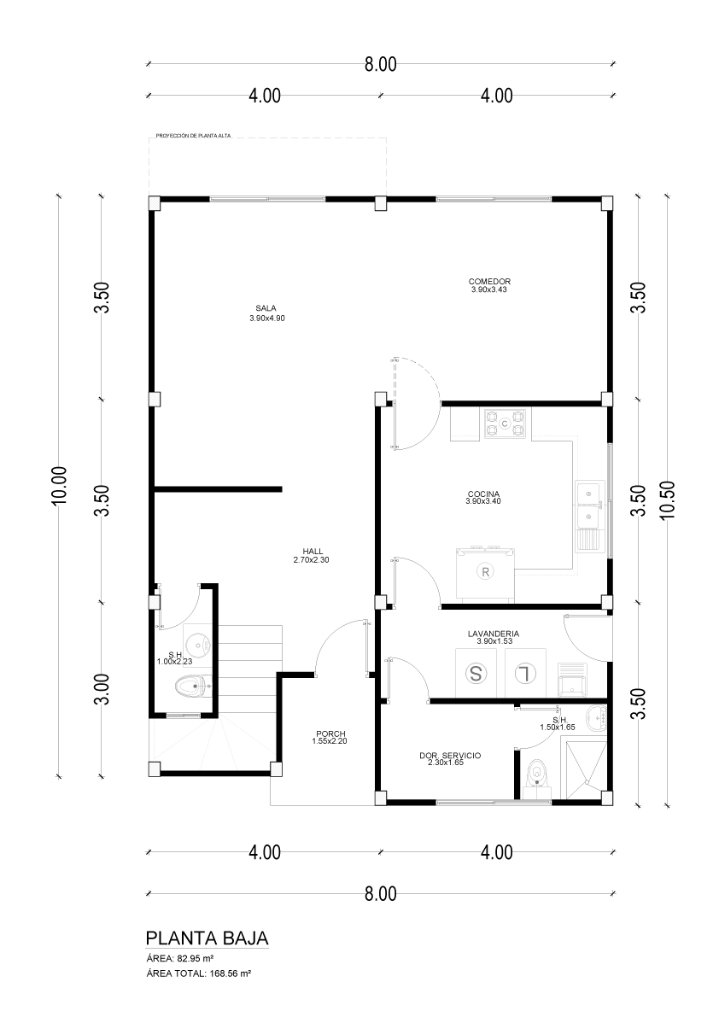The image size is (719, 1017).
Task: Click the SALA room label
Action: pyautogui.click(x=266, y=308)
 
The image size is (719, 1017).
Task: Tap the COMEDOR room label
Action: pyautogui.click(x=489, y=282)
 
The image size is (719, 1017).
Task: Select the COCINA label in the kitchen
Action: pyautogui.click(x=483, y=494)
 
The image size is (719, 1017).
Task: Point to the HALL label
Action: pyautogui.click(x=313, y=552)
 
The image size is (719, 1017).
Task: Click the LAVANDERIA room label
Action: pyautogui.click(x=494, y=634)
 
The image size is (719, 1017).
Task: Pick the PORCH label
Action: pyautogui.click(x=330, y=734)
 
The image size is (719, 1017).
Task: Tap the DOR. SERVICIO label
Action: pyautogui.click(x=450, y=756)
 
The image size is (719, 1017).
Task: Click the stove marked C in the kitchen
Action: pyautogui.click(x=505, y=424)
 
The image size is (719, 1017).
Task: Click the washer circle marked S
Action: pyautogui.click(x=476, y=673)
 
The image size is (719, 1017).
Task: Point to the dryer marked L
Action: pyautogui.click(x=525, y=673)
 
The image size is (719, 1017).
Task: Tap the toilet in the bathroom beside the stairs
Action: pyautogui.click(x=193, y=686)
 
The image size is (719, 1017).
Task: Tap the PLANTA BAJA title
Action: pyautogui.click(x=207, y=938)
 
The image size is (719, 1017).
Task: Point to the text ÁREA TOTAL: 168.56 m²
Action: pyautogui.click(x=198, y=973)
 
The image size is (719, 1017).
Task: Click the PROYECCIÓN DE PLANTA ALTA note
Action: pyautogui.click(x=193, y=137)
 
